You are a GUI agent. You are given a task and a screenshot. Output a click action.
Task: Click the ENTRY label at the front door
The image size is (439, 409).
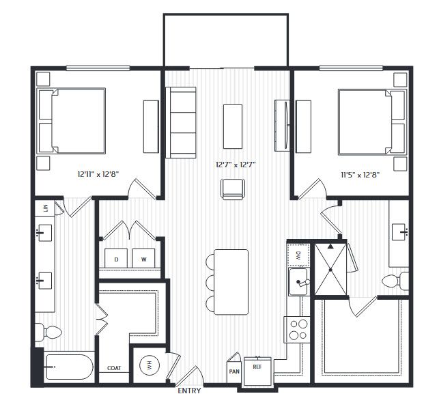tap(189, 391)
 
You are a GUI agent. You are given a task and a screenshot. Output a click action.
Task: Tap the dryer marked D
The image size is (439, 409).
tap(116, 258)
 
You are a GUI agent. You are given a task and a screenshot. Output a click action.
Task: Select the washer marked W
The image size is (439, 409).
tap(143, 258)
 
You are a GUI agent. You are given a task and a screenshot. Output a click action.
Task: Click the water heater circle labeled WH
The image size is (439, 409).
tap(150, 365)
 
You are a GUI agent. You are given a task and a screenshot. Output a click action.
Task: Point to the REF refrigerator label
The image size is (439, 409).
tap(257, 367)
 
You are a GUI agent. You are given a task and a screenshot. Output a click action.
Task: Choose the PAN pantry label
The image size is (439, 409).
tap(234, 371)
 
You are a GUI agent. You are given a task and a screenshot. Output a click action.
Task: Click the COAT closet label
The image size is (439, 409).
tap(114, 368)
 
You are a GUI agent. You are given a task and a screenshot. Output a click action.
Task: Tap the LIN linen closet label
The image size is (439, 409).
tap(46, 208)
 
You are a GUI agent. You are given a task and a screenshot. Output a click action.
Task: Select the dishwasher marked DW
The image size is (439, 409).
tap(298, 255)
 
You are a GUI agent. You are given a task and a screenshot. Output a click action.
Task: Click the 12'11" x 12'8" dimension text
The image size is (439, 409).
tap(98, 174)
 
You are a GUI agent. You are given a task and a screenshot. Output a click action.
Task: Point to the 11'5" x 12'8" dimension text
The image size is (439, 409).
tap(360, 175)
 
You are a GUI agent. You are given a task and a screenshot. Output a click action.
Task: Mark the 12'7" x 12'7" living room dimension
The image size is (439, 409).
tap(236, 165)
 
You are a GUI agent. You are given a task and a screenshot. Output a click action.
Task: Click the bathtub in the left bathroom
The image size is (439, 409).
tap(69, 367)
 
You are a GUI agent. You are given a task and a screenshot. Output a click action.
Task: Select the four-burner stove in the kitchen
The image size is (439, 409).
tap(297, 330)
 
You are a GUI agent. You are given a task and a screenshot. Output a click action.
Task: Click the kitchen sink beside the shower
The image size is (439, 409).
tap(298, 281)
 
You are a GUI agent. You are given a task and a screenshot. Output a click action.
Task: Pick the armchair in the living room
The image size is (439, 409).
tap(233, 189)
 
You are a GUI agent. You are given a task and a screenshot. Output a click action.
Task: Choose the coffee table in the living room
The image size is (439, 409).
tap(233, 126)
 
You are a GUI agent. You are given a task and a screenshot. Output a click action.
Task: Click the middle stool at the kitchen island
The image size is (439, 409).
tap(210, 282)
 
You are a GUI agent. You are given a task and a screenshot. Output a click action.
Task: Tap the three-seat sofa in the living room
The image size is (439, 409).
tap(180, 123)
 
